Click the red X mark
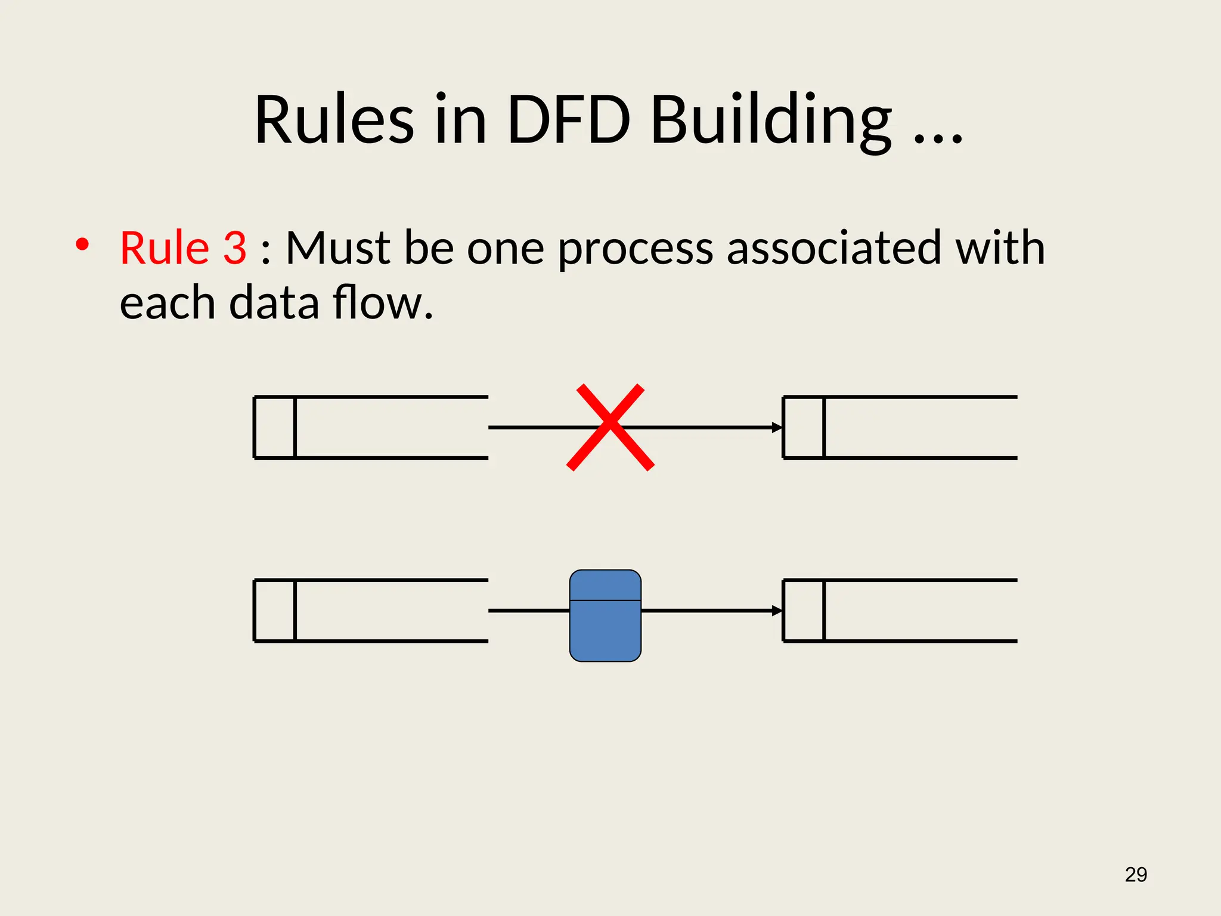[610, 427]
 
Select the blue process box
[605, 615]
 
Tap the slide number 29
[1136, 874]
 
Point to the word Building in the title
[770, 121]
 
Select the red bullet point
[82, 245]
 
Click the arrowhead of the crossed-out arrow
[777, 428]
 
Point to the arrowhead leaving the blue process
[777, 611]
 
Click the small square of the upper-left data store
[275, 428]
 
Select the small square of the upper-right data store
[804, 428]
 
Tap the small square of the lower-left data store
[275, 611]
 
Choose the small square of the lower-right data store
[804, 611]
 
